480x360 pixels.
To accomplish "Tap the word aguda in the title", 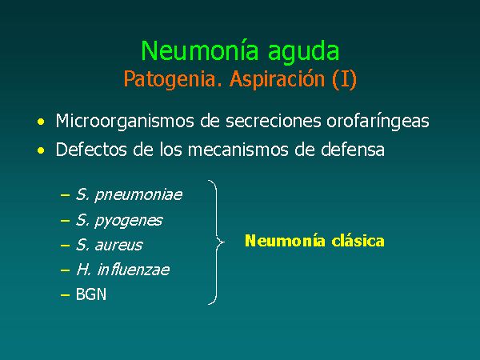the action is pos(304,53).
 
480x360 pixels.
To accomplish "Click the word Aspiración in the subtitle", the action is pos(277,80).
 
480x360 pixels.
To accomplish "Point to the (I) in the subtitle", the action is pos(344,79).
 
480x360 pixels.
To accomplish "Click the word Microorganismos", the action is pos(125,122).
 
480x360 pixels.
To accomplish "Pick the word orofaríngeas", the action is pos(378,122).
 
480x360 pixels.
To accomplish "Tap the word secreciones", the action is pos(274,121).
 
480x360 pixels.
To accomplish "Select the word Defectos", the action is pos(91,150).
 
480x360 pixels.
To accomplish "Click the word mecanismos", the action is pos(238,150).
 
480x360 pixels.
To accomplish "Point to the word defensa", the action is pos(353,150).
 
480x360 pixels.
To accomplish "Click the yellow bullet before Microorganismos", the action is pos(41,122).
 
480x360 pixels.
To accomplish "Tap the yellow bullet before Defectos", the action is pos(41,150).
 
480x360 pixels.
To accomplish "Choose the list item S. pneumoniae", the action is pos(129,195).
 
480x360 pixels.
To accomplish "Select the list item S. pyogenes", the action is pos(119,221).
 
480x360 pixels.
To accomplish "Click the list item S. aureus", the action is pos(109,245).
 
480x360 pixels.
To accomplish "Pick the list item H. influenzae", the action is pos(122,270).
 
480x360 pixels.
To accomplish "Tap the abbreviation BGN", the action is pos(91,294).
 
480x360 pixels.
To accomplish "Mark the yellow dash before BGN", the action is pos(66,295).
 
